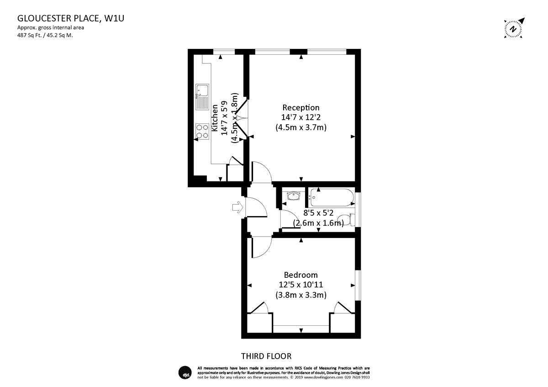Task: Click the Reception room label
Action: click(301, 107)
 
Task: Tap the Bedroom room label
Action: click(301, 275)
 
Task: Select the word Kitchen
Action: click(215, 118)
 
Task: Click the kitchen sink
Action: click(202, 97)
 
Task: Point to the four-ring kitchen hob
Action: click(202, 132)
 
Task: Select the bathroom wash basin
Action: click(293, 196)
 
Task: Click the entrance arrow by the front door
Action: click(237, 207)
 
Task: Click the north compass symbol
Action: click(513, 29)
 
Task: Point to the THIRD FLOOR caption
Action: click(266, 356)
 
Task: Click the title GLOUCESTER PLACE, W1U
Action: click(71, 18)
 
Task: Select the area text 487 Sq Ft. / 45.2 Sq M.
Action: click(45, 35)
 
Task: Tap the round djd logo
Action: click(185, 372)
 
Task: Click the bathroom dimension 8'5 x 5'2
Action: click(318, 213)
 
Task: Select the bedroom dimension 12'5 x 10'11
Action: click(301, 285)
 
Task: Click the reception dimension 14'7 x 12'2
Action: click(301, 117)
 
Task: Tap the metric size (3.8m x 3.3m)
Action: click(301, 295)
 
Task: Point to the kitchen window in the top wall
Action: click(224, 52)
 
